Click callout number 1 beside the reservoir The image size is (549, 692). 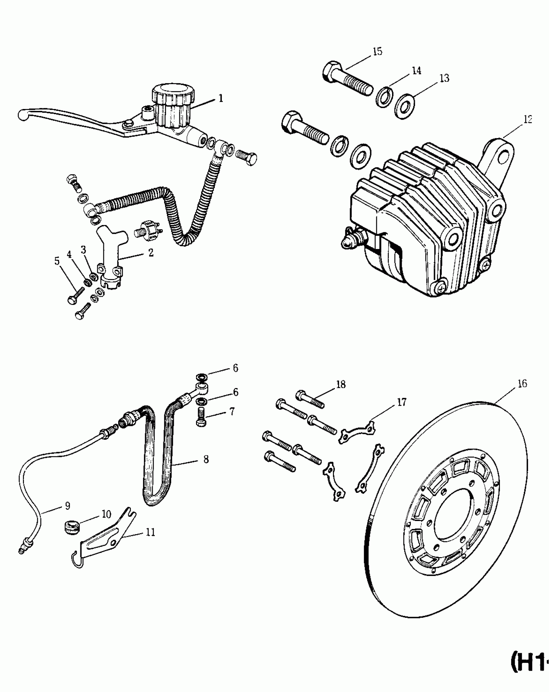click(x=221, y=98)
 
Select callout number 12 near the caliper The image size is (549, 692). click(x=527, y=119)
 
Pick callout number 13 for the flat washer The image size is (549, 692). click(x=444, y=78)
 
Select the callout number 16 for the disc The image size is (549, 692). click(x=522, y=384)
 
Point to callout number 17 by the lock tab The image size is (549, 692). click(x=402, y=403)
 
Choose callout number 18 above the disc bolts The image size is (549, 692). click(x=341, y=384)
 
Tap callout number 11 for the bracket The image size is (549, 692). click(x=150, y=533)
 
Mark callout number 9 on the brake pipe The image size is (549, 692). click(x=67, y=506)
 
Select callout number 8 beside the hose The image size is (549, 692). click(x=206, y=459)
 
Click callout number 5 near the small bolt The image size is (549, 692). click(x=57, y=261)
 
